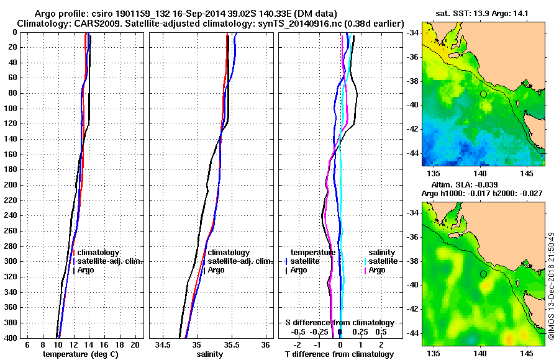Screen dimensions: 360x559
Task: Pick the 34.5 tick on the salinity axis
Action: click(163, 344)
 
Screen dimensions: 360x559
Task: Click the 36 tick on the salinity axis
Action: click(266, 344)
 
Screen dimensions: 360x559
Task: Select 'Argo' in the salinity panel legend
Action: click(216, 270)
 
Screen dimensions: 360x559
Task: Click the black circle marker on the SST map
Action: click(483, 94)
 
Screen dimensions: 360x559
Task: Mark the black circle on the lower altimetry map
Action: click(483, 274)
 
